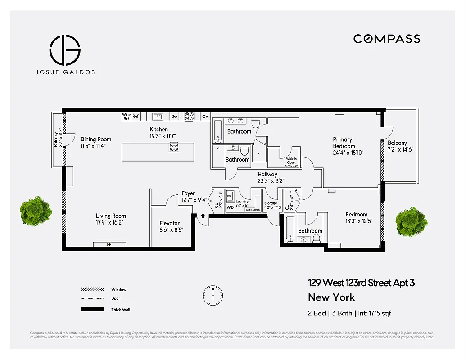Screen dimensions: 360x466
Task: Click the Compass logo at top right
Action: tap(387, 39)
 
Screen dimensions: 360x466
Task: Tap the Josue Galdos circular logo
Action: tap(65, 49)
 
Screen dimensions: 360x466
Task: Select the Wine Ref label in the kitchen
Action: tap(126, 117)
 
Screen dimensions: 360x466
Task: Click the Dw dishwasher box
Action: tap(174, 117)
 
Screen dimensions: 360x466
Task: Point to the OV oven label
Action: tap(205, 117)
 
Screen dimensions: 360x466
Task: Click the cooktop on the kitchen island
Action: tap(174, 147)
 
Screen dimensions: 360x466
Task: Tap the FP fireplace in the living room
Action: tap(109, 244)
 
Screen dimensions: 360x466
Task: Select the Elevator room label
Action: tap(169, 223)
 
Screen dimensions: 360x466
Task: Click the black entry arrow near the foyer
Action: tap(203, 216)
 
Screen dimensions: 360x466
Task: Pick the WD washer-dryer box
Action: tap(230, 207)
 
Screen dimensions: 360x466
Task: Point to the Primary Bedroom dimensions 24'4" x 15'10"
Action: tap(348, 153)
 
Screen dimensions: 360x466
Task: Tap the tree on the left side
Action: tap(36, 212)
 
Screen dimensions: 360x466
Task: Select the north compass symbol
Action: tap(213, 294)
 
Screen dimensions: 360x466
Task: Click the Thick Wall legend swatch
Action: tap(92, 310)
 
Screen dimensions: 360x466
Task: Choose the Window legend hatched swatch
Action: tap(92, 289)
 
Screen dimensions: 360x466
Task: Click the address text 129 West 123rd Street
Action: tap(361, 283)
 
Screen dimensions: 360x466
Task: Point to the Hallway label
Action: tap(267, 174)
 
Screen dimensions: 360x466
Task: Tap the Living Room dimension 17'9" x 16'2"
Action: tap(110, 222)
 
